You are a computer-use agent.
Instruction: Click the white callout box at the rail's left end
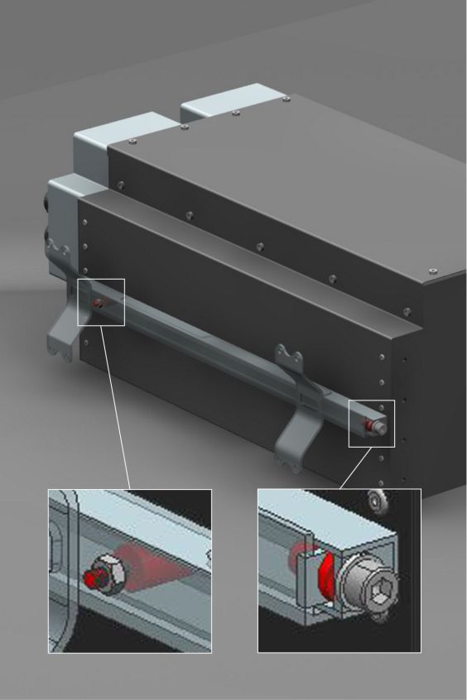pyautogui.click(x=101, y=302)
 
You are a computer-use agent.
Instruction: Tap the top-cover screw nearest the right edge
pyautogui.click(x=433, y=270)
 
